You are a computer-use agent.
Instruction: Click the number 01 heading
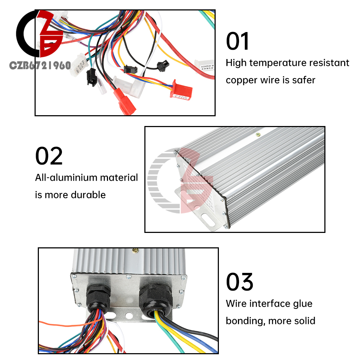coord(238,41)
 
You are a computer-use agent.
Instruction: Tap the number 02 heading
coord(49,156)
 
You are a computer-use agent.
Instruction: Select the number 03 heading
coord(240,282)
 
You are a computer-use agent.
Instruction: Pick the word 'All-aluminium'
coord(66,177)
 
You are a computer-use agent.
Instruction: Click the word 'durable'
coord(88,195)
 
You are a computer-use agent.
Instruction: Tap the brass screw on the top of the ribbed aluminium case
coord(258,135)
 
